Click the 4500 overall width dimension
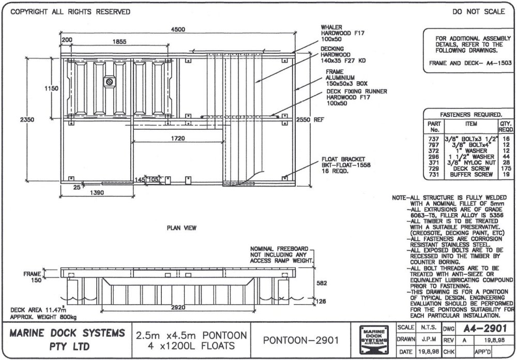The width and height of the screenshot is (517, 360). [x=178, y=30]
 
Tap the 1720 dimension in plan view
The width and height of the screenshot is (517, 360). [x=178, y=139]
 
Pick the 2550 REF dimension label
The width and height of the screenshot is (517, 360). [x=309, y=119]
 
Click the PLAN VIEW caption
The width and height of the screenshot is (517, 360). [x=181, y=227]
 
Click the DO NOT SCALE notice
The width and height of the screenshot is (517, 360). [x=478, y=11]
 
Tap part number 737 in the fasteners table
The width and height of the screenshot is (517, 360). [x=434, y=140]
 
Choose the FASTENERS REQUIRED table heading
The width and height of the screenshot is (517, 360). [x=470, y=114]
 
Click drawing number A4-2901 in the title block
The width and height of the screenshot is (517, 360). [x=478, y=327]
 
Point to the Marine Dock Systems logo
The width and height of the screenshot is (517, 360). [x=374, y=340]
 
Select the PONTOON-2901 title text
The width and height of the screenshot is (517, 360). [x=300, y=340]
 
